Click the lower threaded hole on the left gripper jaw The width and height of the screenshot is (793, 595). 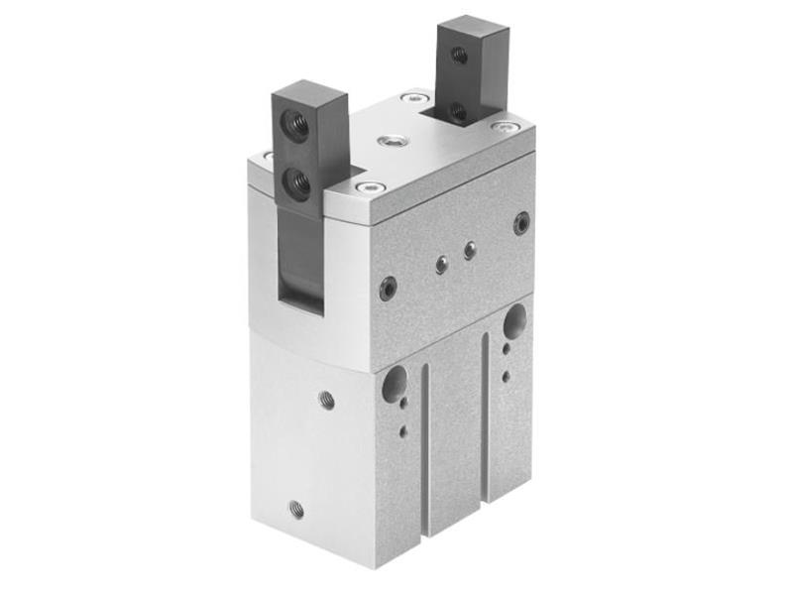(x=295, y=180)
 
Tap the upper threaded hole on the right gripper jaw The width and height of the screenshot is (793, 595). (x=460, y=57)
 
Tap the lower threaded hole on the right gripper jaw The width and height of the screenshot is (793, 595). (x=458, y=110)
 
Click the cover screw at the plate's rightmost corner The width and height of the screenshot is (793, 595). (x=504, y=127)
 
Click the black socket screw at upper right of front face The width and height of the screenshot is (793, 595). (x=521, y=223)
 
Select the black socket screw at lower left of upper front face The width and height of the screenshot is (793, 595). (x=388, y=289)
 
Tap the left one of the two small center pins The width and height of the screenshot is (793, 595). (x=441, y=265)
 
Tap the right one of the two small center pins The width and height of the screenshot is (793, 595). (x=470, y=251)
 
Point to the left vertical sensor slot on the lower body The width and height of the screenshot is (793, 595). (x=425, y=446)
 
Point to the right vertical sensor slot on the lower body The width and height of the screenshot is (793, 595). (x=486, y=416)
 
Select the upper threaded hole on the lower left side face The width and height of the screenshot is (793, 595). (x=326, y=400)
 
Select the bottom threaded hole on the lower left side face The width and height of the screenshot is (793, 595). (x=296, y=509)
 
